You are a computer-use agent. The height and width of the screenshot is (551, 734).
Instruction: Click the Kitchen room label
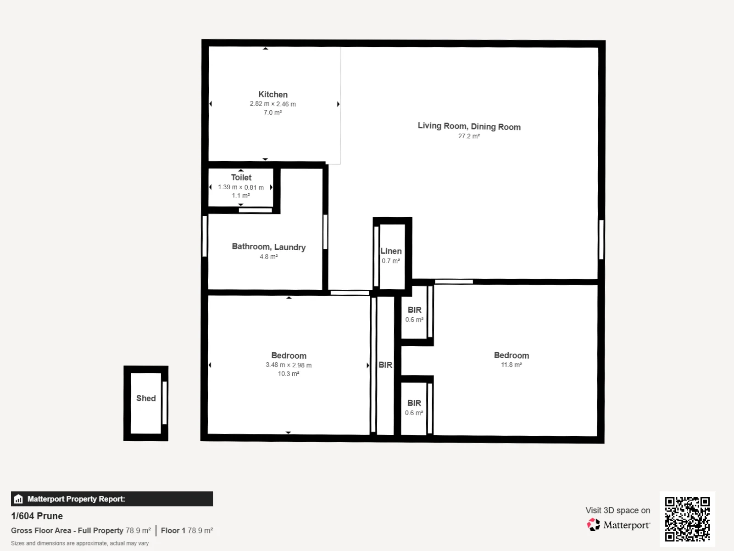[273, 95]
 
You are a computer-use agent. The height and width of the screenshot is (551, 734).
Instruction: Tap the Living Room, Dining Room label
[469, 126]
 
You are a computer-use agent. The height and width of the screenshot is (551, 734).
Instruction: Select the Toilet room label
[241, 178]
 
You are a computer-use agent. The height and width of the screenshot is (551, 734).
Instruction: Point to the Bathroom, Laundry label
[268, 247]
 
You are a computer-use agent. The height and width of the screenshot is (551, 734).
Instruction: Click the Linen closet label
[391, 251]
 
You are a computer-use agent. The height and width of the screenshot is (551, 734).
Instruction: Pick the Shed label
[146, 399]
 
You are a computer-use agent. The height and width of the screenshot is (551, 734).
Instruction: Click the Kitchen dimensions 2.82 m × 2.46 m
[273, 104]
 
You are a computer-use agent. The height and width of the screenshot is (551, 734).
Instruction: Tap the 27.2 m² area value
[469, 136]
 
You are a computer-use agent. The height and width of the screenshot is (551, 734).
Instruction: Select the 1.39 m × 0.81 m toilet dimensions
[241, 187]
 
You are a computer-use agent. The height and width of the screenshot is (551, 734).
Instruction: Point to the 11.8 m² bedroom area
[512, 365]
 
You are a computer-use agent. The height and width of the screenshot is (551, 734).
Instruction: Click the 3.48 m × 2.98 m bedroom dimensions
[289, 365]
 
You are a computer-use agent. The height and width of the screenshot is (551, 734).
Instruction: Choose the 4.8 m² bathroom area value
[268, 257]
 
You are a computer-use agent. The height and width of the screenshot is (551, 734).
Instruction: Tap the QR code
[687, 519]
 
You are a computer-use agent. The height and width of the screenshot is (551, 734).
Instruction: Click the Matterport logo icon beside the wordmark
[594, 524]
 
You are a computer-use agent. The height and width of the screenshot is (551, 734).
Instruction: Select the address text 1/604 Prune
[37, 516]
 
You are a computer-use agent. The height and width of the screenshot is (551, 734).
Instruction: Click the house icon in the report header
[18, 499]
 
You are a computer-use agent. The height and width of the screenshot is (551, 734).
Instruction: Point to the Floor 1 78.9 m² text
[187, 531]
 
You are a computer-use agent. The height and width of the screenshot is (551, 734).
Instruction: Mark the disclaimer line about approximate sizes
[80, 543]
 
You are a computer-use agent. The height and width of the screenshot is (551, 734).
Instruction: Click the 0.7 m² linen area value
[390, 261]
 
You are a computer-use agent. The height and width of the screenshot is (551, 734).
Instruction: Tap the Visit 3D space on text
[617, 511]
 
